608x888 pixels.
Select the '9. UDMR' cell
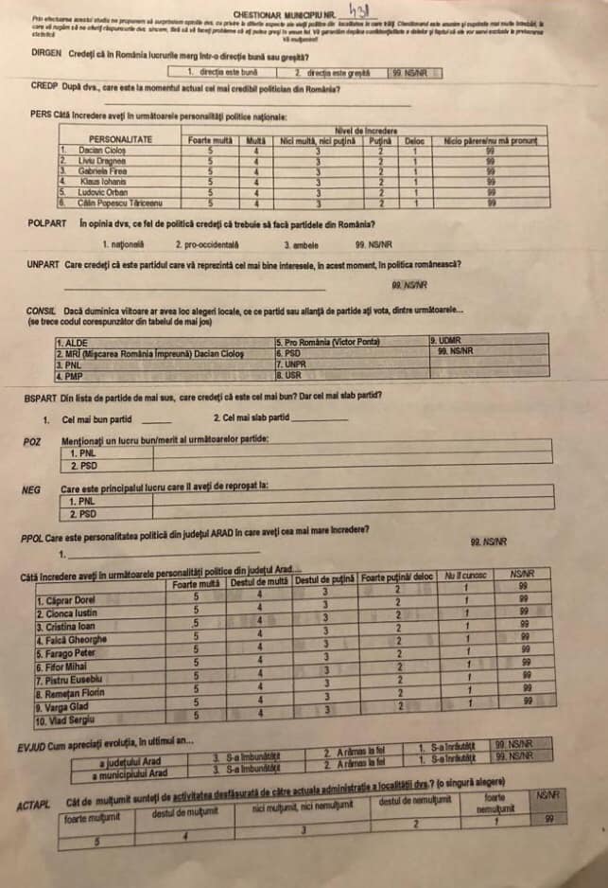pos(446,340)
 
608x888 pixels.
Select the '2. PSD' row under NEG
pos(83,514)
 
